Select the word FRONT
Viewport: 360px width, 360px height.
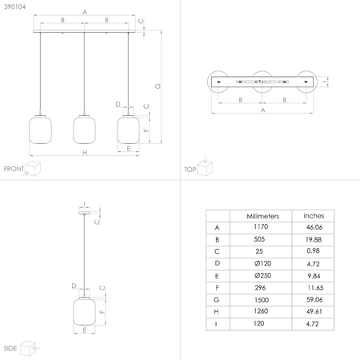14,169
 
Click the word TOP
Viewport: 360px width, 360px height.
190,170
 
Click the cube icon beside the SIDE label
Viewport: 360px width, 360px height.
30,348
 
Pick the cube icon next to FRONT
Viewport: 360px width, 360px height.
34,167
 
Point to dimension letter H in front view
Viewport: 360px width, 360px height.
84,152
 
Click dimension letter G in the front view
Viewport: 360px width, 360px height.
158,86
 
